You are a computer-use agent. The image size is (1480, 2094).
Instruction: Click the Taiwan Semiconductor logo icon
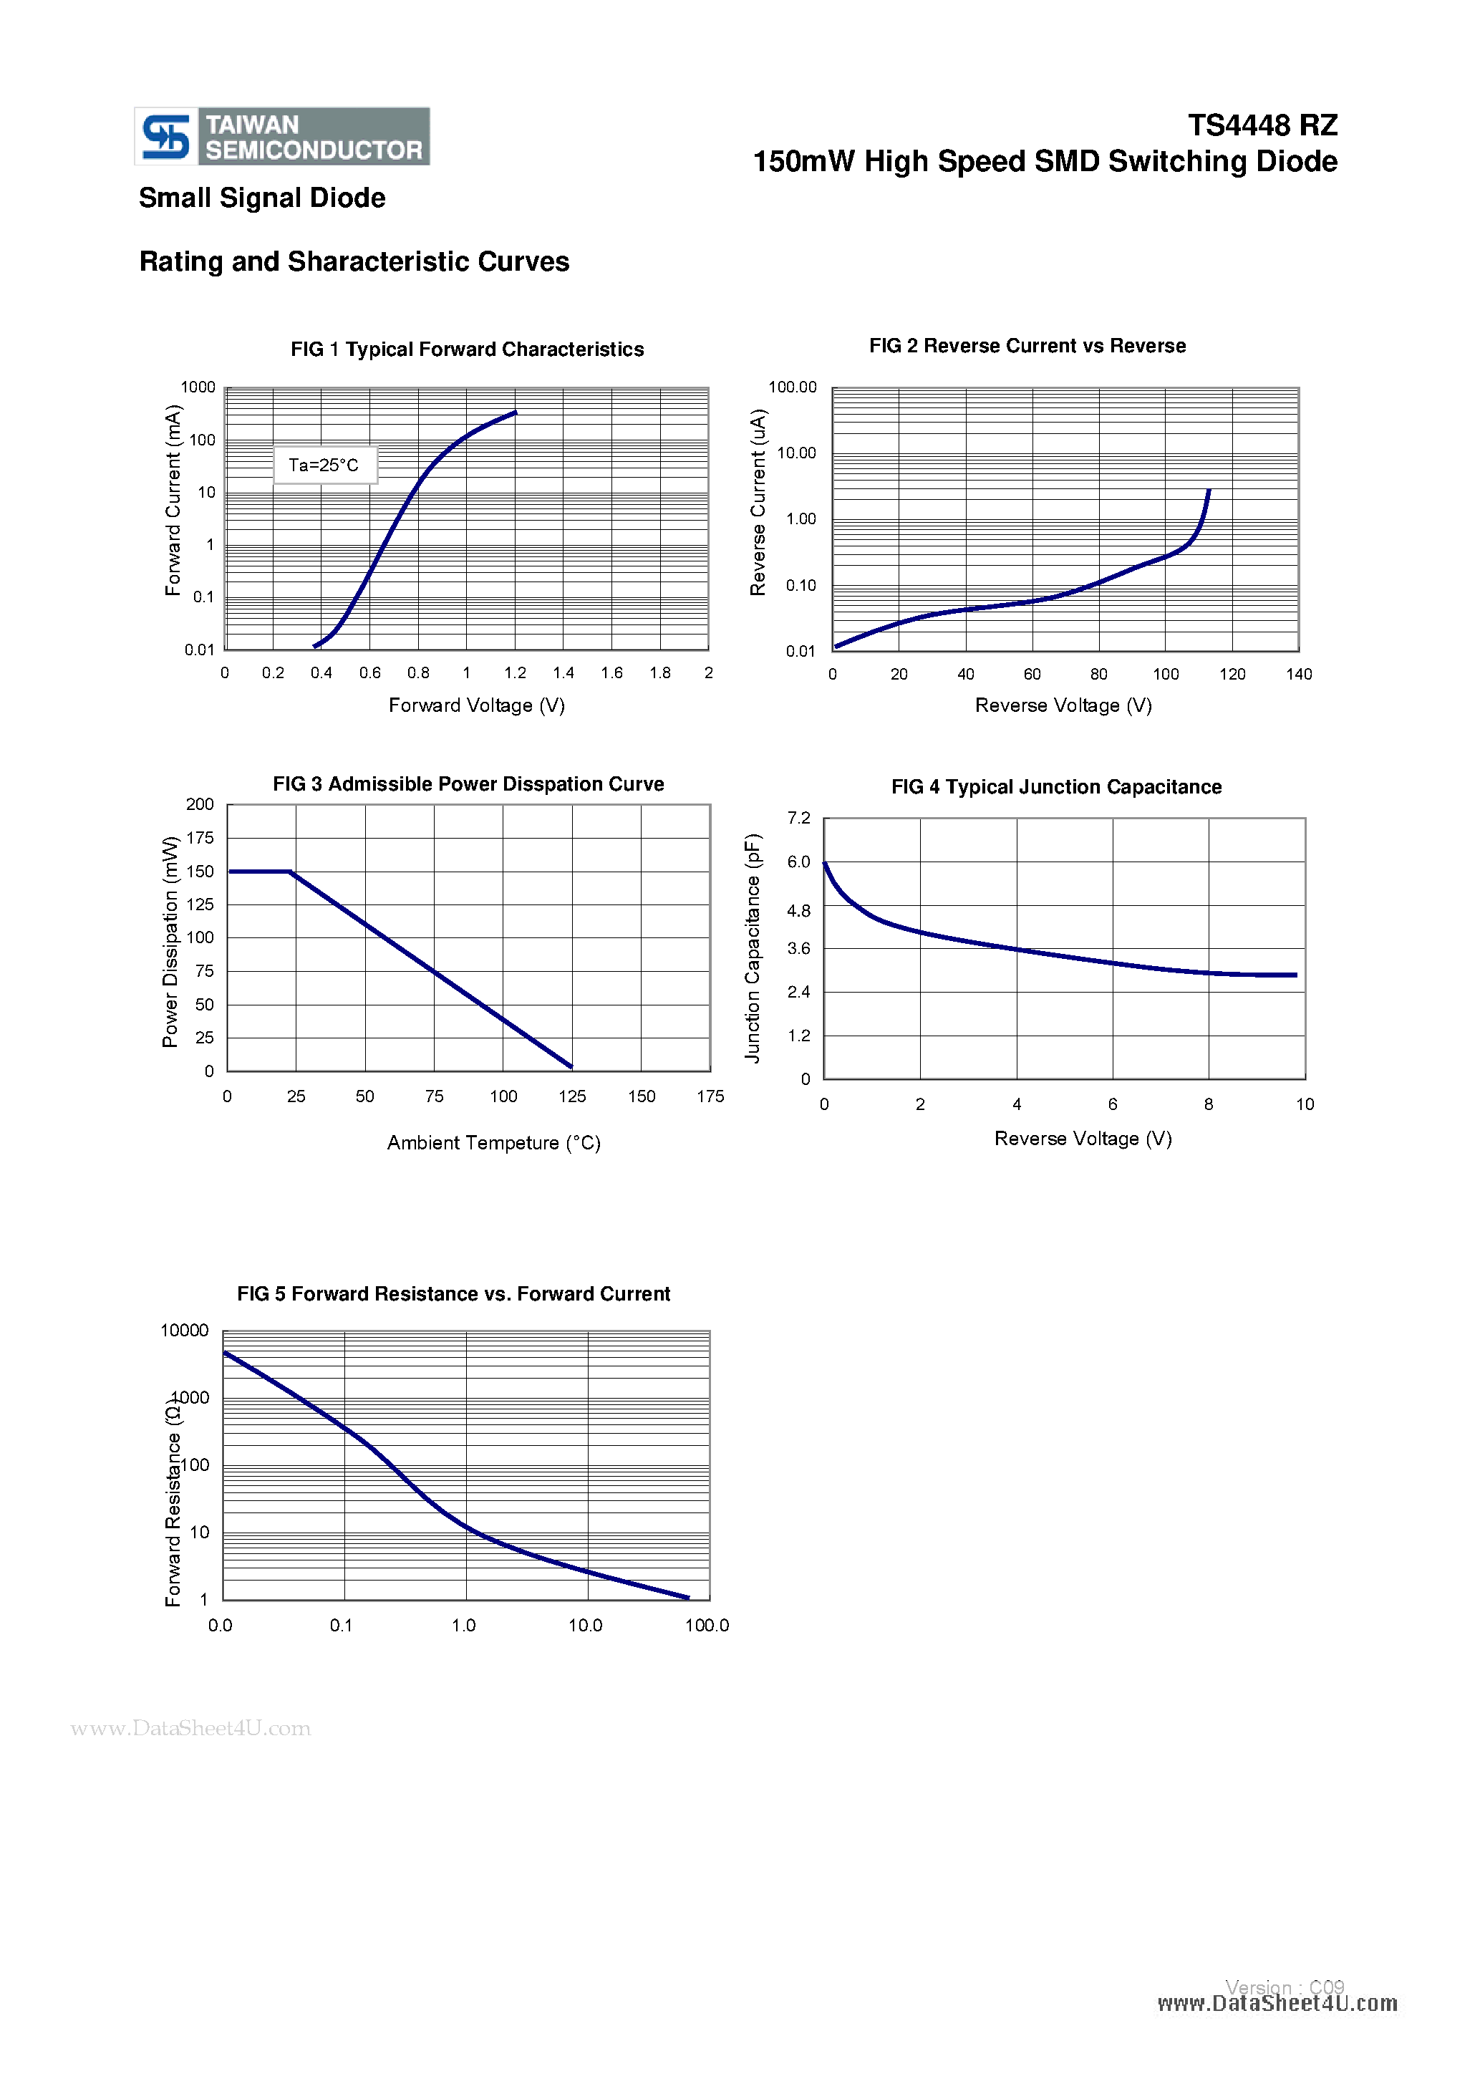pyautogui.click(x=166, y=137)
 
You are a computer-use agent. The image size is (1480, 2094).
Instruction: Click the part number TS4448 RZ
pyautogui.click(x=1262, y=125)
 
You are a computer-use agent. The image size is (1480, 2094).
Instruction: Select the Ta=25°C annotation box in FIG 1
pyautogui.click(x=324, y=465)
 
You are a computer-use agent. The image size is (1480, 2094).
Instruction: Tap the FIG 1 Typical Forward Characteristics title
pyautogui.click(x=467, y=349)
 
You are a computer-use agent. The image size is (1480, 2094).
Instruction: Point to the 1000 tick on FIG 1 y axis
pyautogui.click(x=198, y=387)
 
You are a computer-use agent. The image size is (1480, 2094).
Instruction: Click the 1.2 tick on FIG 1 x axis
pyautogui.click(x=516, y=673)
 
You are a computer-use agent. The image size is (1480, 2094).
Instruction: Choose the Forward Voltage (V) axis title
pyautogui.click(x=477, y=705)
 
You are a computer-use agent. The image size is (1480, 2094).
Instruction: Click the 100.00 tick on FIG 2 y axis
pyautogui.click(x=793, y=387)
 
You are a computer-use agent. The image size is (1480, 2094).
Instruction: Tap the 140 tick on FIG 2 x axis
pyautogui.click(x=1299, y=674)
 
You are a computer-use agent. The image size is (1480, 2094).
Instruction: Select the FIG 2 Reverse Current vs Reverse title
pyautogui.click(x=1027, y=346)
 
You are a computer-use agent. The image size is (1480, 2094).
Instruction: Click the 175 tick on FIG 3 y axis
pyautogui.click(x=200, y=837)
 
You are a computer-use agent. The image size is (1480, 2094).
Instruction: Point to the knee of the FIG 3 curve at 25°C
pyautogui.click(x=291, y=872)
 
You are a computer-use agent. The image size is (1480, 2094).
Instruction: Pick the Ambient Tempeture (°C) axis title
pyautogui.click(x=493, y=1143)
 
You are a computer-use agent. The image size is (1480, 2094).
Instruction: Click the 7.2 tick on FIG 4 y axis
pyautogui.click(x=799, y=818)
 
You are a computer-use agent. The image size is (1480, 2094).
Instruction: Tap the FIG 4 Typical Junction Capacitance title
pyautogui.click(x=1056, y=787)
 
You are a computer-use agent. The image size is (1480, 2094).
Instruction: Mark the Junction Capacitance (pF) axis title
pyautogui.click(x=753, y=947)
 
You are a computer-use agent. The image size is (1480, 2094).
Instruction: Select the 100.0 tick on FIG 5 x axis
pyautogui.click(x=707, y=1625)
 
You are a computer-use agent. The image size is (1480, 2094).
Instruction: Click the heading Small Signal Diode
pyautogui.click(x=262, y=198)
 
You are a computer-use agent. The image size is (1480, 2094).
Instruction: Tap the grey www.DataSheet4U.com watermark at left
pyautogui.click(x=190, y=1728)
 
